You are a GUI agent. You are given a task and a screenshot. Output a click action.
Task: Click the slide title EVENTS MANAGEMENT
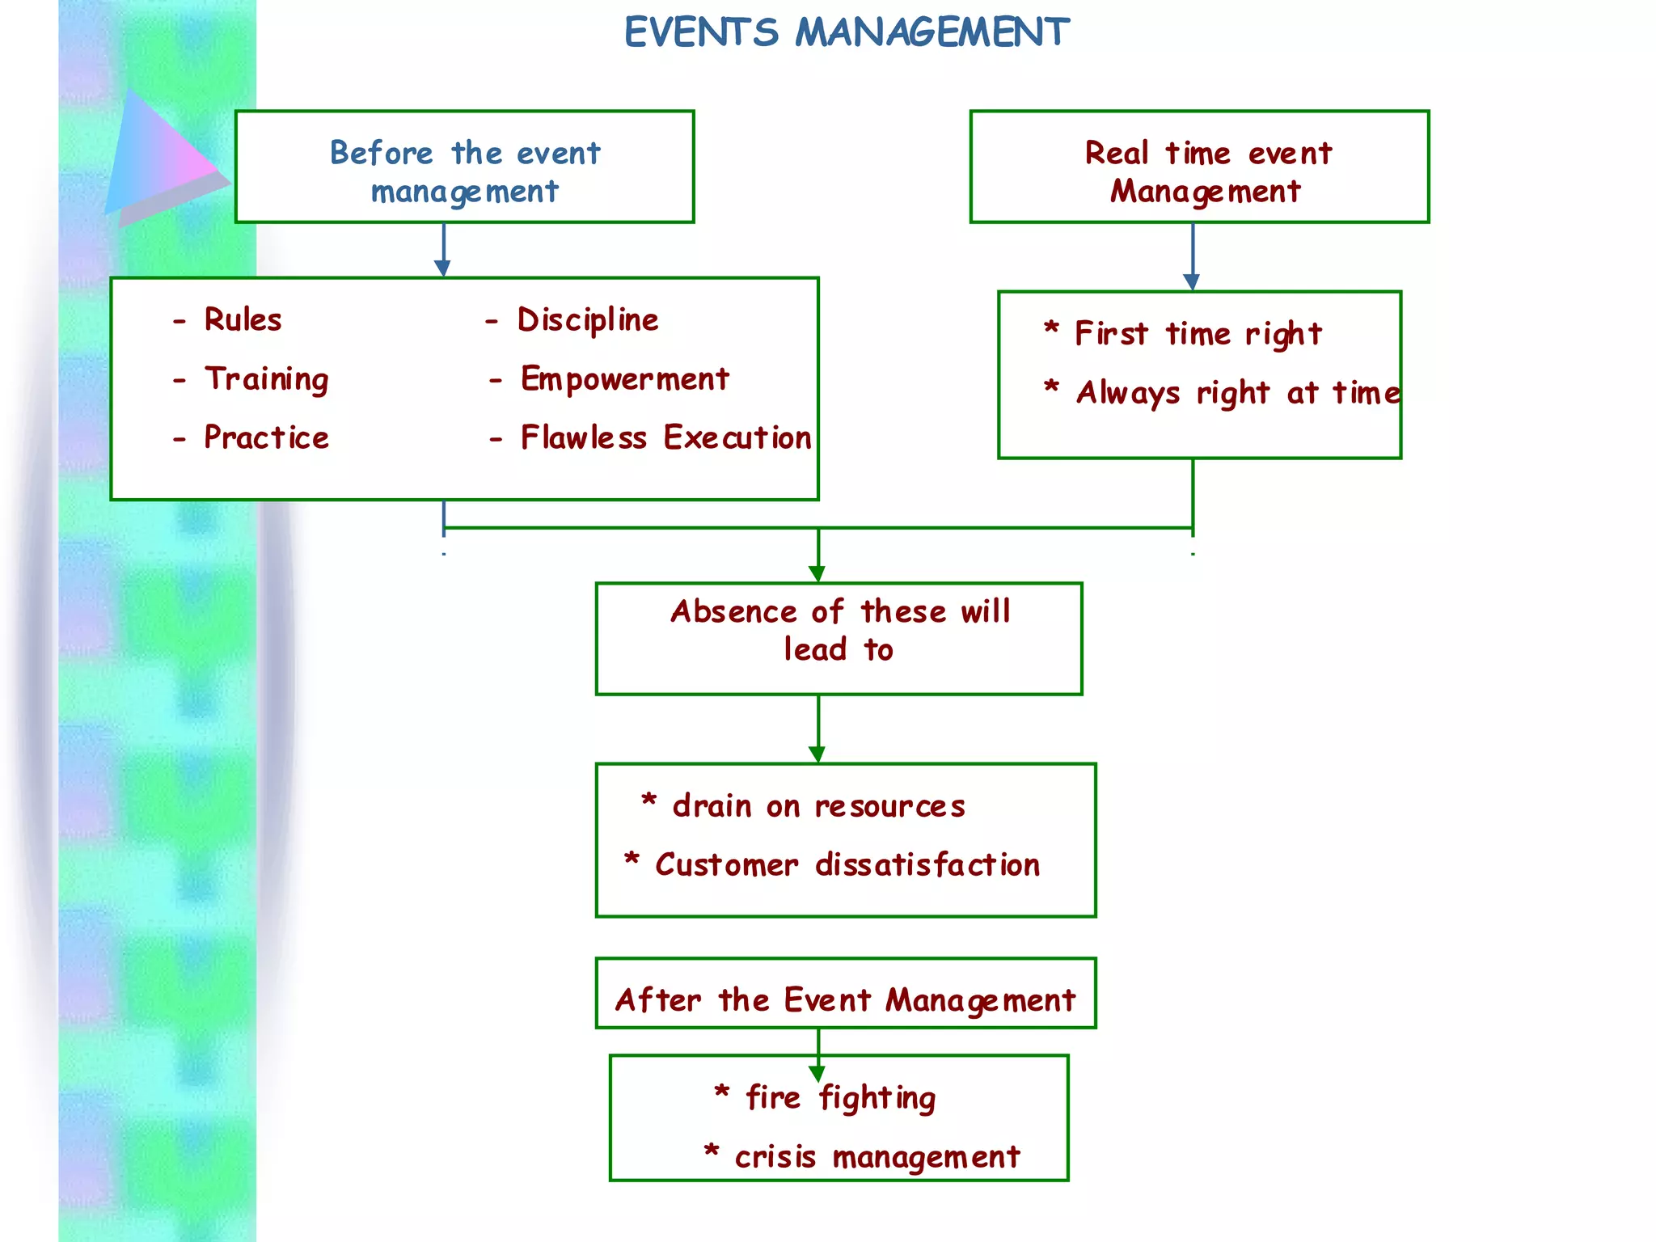(847, 33)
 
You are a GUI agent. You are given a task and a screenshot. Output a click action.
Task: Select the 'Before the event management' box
(464, 167)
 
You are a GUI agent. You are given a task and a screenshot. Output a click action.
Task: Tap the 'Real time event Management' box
(1199, 167)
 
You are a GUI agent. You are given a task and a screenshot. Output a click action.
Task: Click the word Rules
(243, 319)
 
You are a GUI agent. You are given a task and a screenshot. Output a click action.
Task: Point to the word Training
(266, 378)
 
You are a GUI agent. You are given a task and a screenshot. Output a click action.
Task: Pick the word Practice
(266, 437)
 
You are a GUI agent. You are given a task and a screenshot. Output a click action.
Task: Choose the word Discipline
(588, 320)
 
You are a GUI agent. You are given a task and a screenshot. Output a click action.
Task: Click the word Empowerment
(624, 378)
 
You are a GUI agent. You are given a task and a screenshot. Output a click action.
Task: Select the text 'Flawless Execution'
(665, 437)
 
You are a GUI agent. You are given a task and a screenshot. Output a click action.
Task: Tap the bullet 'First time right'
(1198, 333)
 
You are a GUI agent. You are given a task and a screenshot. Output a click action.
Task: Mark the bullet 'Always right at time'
(1237, 393)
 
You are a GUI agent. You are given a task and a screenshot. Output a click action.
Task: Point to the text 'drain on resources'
(818, 806)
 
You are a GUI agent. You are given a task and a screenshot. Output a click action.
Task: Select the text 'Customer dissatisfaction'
(847, 864)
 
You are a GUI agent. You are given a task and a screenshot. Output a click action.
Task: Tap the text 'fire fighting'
(840, 1098)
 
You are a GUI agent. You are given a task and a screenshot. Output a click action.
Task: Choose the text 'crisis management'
(877, 1157)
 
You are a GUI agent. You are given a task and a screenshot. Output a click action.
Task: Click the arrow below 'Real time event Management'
(1193, 257)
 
